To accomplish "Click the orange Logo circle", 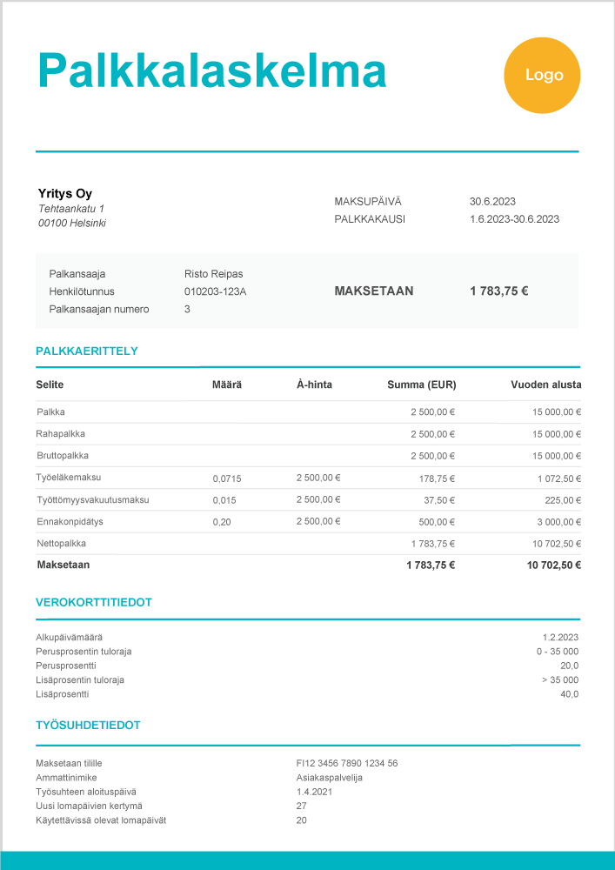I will (x=543, y=76).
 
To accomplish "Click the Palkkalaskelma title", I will (x=211, y=70).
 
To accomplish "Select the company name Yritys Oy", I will (x=65, y=193).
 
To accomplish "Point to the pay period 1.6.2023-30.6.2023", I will (x=514, y=219).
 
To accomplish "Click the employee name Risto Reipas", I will (x=214, y=273).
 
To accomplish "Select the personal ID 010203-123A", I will (x=215, y=291).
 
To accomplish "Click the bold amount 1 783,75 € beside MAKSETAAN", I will (x=498, y=291).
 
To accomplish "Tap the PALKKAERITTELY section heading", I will (x=86, y=351).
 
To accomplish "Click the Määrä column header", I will (x=227, y=385).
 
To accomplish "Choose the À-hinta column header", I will (x=314, y=385).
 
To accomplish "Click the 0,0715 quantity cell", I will (x=227, y=478).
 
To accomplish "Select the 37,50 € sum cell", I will (x=439, y=500).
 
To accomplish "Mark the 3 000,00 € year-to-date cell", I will (x=557, y=522).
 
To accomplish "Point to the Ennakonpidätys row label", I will (x=70, y=521).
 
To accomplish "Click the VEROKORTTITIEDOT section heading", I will (x=94, y=602).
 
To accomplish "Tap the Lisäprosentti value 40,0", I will (x=569, y=694).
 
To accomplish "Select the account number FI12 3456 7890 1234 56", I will (x=347, y=763).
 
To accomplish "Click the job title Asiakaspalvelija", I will (x=329, y=778).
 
